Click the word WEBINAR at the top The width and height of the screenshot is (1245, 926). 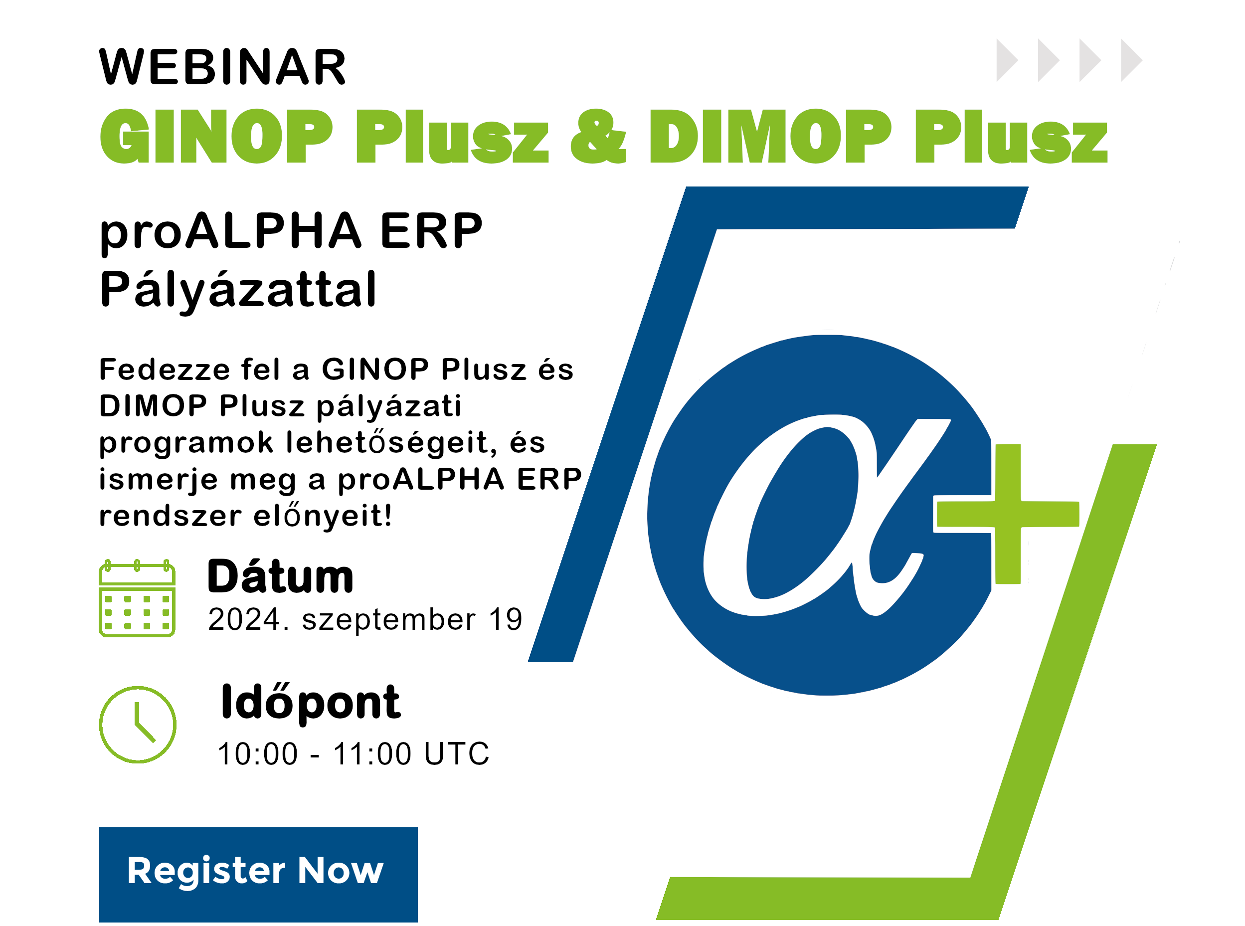pyautogui.click(x=222, y=67)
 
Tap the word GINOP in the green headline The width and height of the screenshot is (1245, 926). pyautogui.click(x=216, y=136)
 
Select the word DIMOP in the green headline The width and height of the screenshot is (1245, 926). pyautogui.click(x=770, y=136)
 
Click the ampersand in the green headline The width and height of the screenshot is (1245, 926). pyautogui.click(x=598, y=136)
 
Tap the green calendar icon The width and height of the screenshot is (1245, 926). pyautogui.click(x=137, y=598)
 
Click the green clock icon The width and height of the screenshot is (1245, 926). pyautogui.click(x=138, y=725)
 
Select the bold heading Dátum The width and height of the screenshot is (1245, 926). pyautogui.click(x=280, y=576)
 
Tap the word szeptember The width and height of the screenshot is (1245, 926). pyautogui.click(x=389, y=621)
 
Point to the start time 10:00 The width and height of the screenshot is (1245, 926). pyautogui.click(x=258, y=753)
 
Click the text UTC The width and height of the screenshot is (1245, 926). pyautogui.click(x=457, y=753)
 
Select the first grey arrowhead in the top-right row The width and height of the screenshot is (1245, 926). pyautogui.click(x=1007, y=60)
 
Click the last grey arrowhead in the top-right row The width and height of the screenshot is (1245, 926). pyautogui.click(x=1131, y=60)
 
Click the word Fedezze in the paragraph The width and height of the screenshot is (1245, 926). pyautogui.click(x=165, y=370)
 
